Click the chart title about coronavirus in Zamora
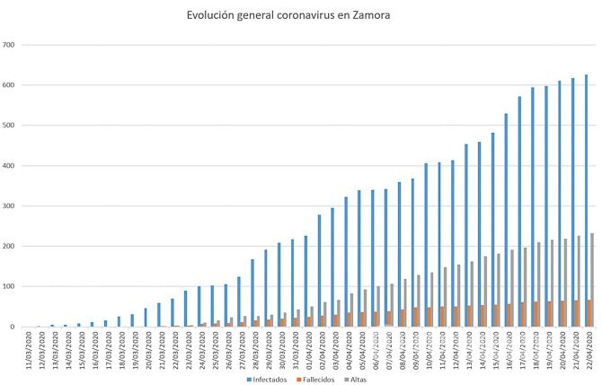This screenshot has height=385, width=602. point(300,15)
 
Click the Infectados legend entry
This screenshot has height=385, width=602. point(270,380)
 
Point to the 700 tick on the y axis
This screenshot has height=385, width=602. point(8,45)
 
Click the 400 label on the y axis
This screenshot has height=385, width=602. point(8,166)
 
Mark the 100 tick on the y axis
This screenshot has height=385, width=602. point(8,287)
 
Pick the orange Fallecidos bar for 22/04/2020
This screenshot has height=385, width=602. point(589,313)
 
